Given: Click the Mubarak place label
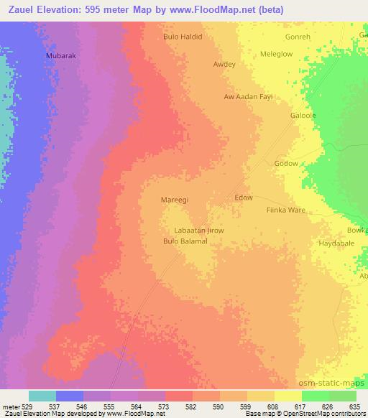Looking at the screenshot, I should pyautogui.click(x=60, y=55).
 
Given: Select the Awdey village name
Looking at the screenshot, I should pyautogui.click(x=224, y=64).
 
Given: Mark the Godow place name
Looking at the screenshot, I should pyautogui.click(x=286, y=163).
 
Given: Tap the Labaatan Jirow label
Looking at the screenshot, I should pyautogui.click(x=199, y=231).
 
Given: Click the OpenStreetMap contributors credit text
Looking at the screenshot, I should pyautogui.click(x=330, y=414).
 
